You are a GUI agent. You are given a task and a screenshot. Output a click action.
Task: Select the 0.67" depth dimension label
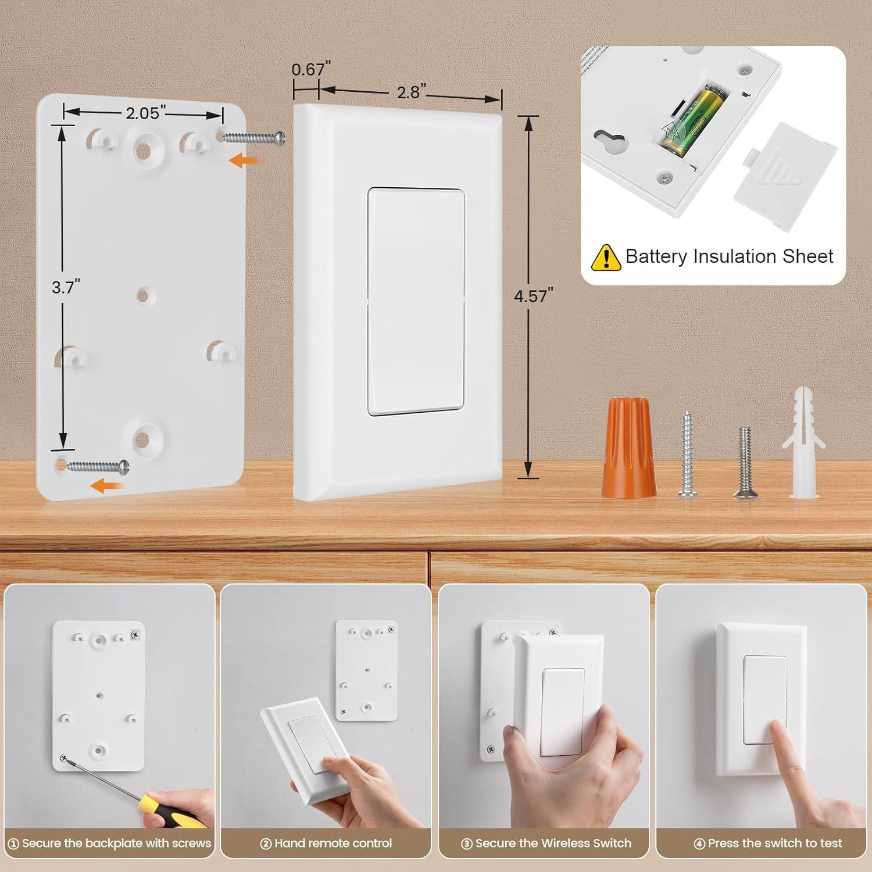308,70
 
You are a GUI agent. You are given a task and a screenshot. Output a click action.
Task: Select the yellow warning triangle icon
606,257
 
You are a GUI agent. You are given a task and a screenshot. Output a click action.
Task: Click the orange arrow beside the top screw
244,162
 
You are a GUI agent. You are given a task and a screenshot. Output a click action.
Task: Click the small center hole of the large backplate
142,295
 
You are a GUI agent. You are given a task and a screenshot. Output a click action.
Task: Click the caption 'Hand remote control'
327,843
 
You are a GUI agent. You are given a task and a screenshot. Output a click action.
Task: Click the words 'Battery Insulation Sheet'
729,256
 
